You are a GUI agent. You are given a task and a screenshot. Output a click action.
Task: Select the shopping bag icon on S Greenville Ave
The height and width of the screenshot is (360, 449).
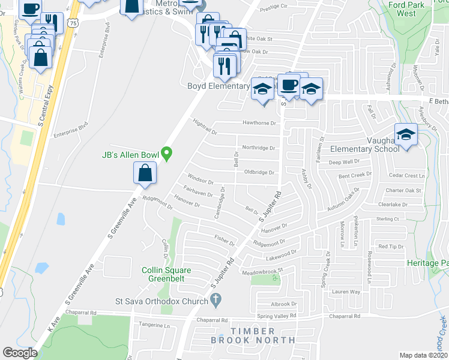click(x=145, y=174)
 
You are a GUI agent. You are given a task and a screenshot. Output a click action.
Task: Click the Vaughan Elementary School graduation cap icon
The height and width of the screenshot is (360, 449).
click(x=406, y=135)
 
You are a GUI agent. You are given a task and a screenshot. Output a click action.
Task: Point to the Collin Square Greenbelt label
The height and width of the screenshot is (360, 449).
click(x=167, y=274)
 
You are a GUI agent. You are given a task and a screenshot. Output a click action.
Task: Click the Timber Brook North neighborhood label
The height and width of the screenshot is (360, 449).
click(x=252, y=335)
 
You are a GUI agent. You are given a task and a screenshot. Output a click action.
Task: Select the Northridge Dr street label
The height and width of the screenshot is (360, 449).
click(x=258, y=148)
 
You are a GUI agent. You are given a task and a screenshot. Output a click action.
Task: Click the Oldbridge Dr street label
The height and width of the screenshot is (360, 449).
click(x=259, y=172)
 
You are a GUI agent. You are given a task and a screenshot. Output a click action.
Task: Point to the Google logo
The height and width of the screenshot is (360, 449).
click(x=20, y=353)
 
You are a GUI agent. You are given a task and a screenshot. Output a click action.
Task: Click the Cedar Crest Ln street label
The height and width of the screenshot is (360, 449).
click(x=406, y=176)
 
